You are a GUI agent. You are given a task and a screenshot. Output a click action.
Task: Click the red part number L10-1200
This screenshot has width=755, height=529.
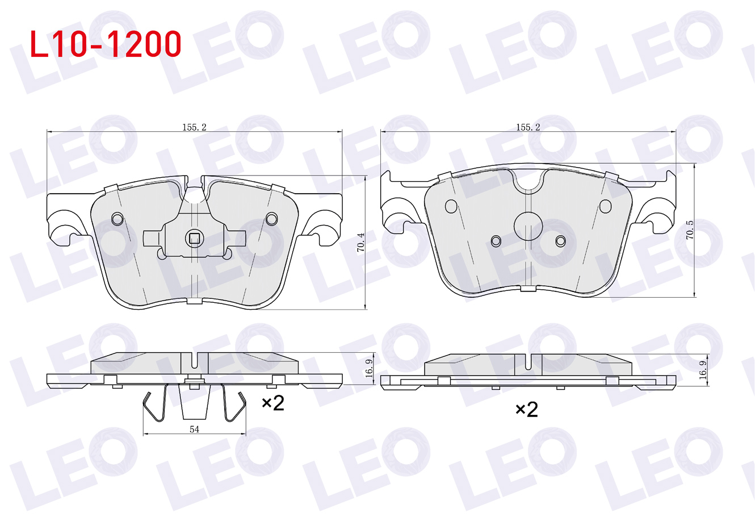point(106,44)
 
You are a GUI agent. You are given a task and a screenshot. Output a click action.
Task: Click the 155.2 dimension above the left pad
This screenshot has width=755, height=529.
point(194,127)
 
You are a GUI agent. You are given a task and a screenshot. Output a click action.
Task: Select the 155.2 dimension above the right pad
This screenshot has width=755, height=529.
point(528,127)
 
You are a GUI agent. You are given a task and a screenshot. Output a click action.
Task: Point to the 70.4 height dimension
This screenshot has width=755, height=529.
point(360,242)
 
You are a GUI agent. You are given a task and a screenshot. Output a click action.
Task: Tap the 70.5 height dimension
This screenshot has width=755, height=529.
point(690,230)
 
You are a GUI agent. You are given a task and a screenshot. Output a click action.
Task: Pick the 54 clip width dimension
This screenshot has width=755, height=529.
point(195,429)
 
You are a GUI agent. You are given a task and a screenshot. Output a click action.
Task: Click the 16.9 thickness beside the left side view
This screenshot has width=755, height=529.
point(369,368)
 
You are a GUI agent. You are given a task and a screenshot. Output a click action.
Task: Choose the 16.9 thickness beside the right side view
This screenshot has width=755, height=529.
point(703,370)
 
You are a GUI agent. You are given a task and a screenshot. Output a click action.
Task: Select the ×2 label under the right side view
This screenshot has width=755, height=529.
point(527,410)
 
